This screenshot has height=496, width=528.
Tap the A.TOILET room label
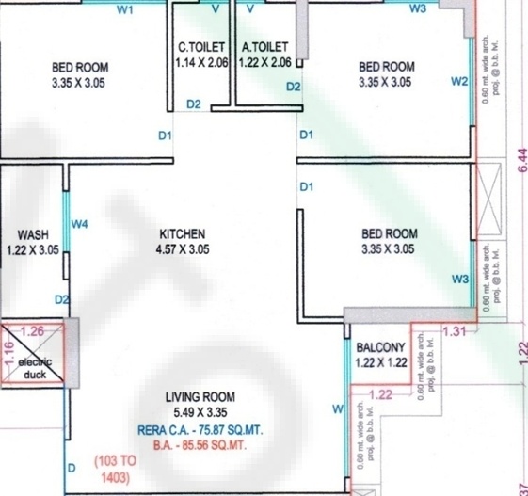(265, 45)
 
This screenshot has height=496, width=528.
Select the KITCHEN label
(182, 233)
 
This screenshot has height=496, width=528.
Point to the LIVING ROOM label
(200, 396)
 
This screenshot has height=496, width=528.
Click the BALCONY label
(380, 346)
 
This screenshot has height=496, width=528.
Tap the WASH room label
(33, 234)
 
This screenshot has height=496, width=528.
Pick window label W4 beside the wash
(80, 224)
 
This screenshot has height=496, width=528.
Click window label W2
(459, 81)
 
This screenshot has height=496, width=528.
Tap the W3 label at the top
(419, 9)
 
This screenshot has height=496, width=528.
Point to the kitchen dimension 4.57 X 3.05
(182, 249)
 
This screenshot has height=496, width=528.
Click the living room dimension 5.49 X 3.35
(200, 412)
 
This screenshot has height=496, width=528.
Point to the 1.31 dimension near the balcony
(454, 330)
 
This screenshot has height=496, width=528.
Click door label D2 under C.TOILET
(193, 104)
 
